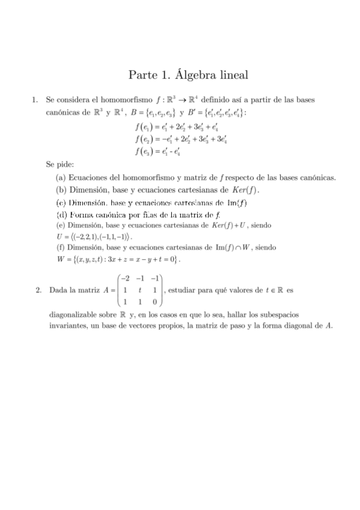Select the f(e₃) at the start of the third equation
click(x=142, y=151)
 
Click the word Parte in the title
click(x=142, y=75)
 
